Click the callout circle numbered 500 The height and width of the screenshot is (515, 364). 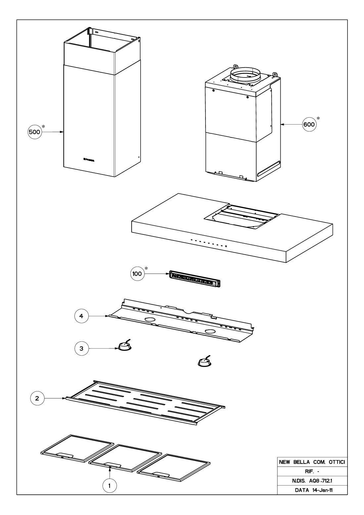34,132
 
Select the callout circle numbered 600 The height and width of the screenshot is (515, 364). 309,125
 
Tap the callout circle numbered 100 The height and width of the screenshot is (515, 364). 137,274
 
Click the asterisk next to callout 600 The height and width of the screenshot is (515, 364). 318,118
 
